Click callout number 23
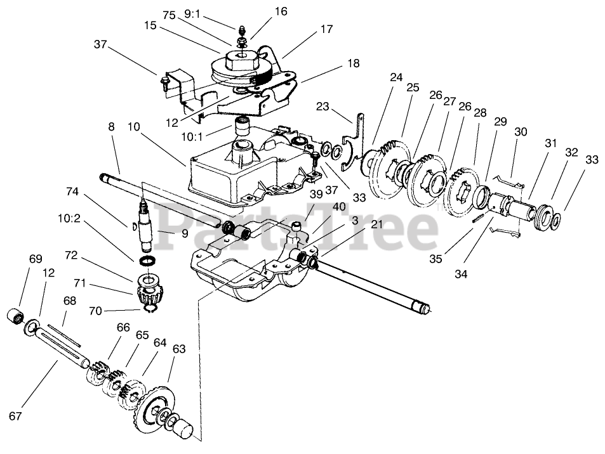pos(323,107)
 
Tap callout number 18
pos(353,63)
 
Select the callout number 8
pos(111,127)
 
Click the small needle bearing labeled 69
pos(16,315)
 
